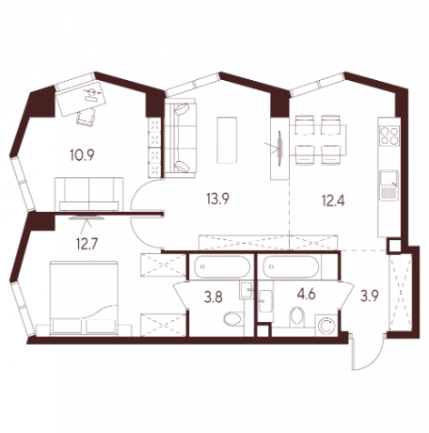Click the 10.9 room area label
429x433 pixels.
pos(82,155)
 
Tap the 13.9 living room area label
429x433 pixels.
pos(217,199)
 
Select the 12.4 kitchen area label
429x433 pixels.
pos(333,200)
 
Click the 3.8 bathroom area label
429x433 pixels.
pos(214,297)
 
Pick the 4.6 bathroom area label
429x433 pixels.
pos(306,295)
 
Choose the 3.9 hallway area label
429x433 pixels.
pos(370,296)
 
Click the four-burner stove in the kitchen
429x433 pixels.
pos(389,136)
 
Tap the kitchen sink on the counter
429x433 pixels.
pos(389,185)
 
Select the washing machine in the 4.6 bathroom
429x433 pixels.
pos(326,326)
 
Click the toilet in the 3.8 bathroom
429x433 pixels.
pos(233,319)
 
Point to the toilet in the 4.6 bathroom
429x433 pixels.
pos(297,317)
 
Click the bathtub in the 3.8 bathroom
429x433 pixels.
pos(222,266)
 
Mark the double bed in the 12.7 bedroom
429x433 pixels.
pos(84,297)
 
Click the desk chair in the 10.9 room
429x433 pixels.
pos(86,118)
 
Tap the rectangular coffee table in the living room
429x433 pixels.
pos(227,140)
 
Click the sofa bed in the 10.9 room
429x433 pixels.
pos(89,194)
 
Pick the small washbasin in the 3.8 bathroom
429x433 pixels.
pos(246,290)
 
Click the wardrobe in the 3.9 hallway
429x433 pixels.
pos(400,293)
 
